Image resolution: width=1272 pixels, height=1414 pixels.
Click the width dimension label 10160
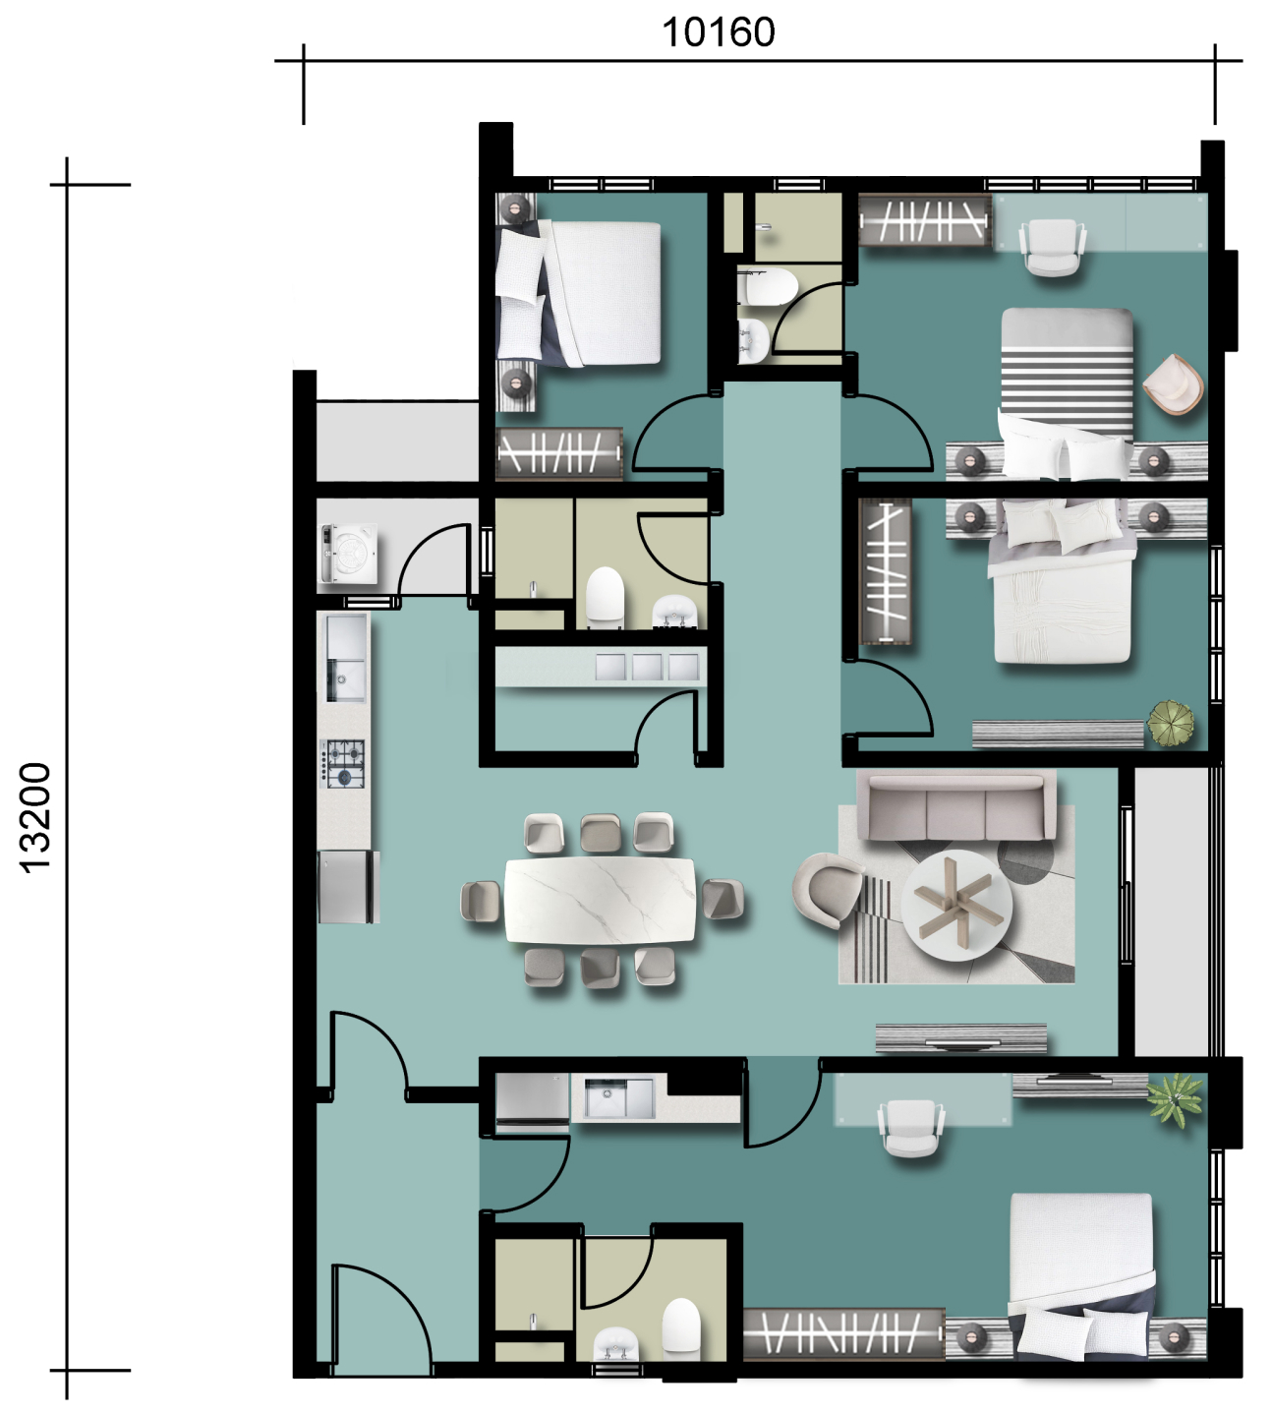coord(719,33)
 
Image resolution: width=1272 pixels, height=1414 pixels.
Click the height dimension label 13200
coord(34,818)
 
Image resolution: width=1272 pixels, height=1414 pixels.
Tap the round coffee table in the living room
coord(956,906)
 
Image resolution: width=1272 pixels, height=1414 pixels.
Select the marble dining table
coord(601,900)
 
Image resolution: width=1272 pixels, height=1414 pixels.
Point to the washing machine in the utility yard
coord(349,554)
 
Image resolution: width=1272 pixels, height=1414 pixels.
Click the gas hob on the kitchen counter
coord(343,763)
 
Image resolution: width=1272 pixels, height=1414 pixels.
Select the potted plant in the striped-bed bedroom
coord(1171,723)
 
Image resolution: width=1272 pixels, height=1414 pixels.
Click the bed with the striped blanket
coord(1068,393)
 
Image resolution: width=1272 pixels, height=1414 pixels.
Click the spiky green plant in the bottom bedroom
coord(1174,1098)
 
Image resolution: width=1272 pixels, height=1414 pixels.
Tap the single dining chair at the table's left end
coord(481,900)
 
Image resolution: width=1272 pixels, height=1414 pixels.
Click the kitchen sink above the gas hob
coord(345,658)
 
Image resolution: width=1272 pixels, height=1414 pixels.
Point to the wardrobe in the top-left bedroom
coord(558,453)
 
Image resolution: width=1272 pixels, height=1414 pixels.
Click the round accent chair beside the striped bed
coord(1173,384)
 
